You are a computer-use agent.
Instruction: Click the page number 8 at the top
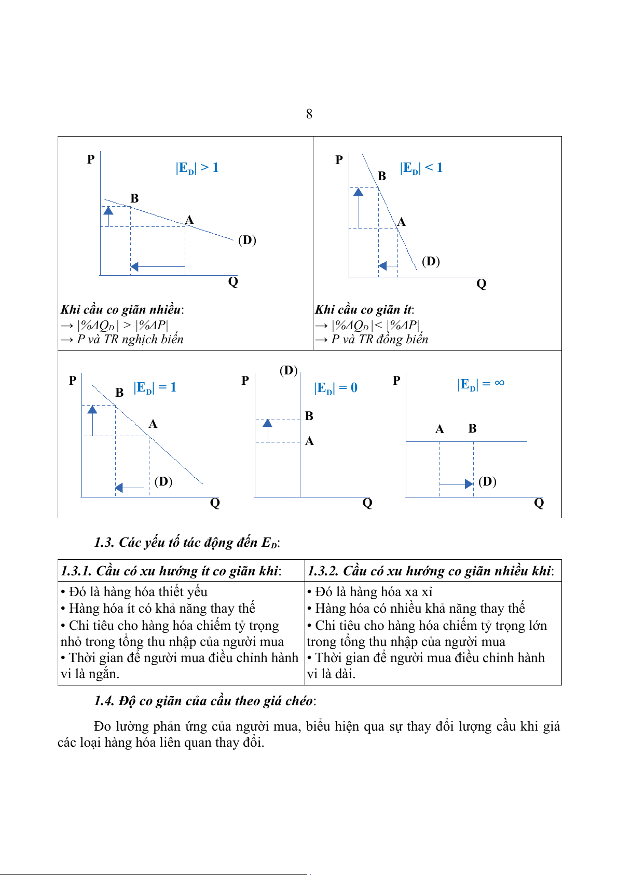tap(309, 114)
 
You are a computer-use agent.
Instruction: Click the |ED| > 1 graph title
tap(197, 168)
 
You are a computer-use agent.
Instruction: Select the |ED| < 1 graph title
tap(421, 168)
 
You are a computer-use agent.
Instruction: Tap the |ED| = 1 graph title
tap(155, 387)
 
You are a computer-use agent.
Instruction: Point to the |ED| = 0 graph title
tap(335, 388)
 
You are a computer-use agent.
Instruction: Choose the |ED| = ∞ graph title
tap(480, 384)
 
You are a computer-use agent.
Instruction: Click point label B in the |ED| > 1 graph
tap(134, 198)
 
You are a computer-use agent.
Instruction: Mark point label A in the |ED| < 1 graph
tap(401, 222)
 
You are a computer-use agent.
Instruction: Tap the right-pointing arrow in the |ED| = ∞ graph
tap(457, 484)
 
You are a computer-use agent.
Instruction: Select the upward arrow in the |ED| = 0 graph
tap(268, 430)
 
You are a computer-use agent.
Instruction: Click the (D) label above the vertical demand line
tap(289, 370)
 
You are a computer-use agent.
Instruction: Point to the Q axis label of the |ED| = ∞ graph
tap(539, 503)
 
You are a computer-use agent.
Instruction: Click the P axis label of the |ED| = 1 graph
tap(73, 381)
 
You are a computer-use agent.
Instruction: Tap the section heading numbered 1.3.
tap(187, 543)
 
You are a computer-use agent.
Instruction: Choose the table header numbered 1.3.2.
tap(430, 571)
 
